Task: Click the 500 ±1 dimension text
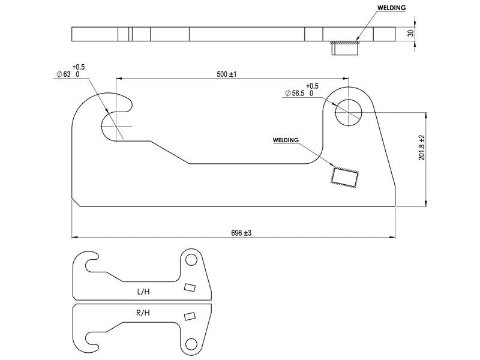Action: click(227, 74)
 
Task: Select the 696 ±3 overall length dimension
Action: click(241, 233)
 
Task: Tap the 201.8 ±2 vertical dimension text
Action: click(422, 147)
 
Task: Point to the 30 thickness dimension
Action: click(411, 33)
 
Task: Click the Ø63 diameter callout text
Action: click(64, 74)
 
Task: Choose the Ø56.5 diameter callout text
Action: click(295, 94)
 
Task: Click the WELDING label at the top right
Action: click(392, 8)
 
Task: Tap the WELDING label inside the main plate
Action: click(286, 140)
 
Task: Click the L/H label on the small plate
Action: click(143, 292)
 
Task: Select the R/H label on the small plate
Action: click(143, 313)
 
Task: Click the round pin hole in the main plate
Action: click(349, 112)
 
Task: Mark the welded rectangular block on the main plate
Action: click(344, 177)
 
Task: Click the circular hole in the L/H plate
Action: click(191, 260)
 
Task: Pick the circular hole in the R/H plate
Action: click(191, 344)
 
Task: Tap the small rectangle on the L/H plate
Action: click(190, 287)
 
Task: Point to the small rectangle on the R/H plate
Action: click(190, 316)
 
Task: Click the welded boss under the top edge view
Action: click(345, 48)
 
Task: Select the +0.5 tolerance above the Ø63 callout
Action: click(79, 67)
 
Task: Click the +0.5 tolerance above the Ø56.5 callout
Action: click(312, 86)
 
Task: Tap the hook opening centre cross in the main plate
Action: click(116, 126)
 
